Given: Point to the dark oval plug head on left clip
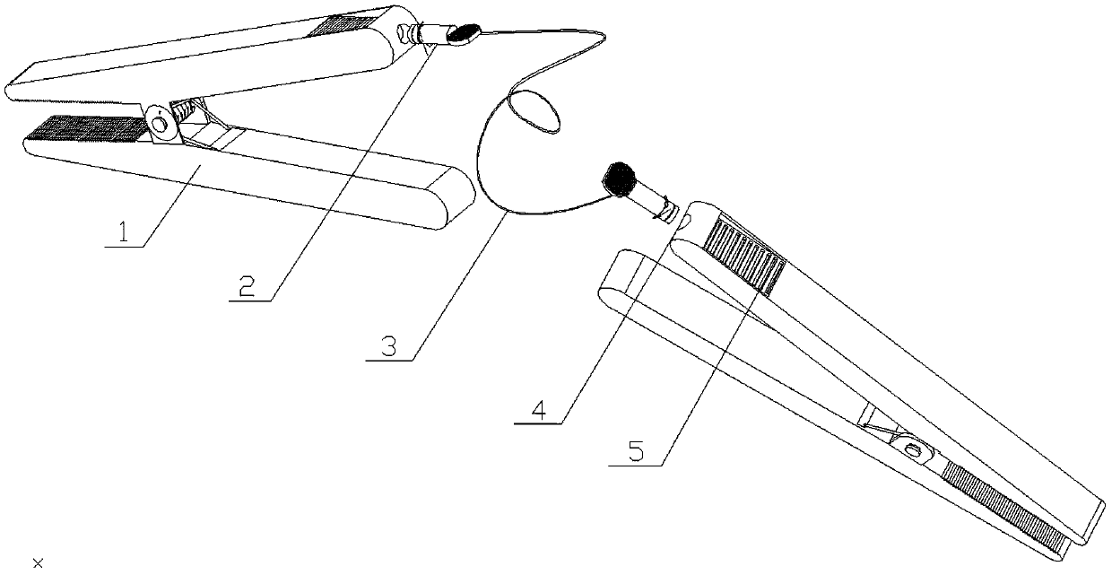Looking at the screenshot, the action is click(463, 35).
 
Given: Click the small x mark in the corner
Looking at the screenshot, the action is click(37, 562).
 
